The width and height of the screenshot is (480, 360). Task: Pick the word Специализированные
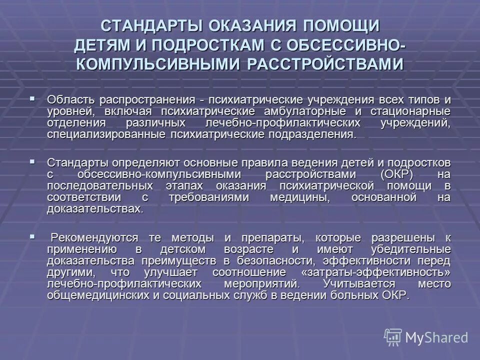[106, 134]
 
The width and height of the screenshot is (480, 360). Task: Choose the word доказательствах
[95, 209]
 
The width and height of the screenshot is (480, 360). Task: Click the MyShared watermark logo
[426, 336]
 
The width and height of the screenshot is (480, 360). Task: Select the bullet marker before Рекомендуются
[32, 236]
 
